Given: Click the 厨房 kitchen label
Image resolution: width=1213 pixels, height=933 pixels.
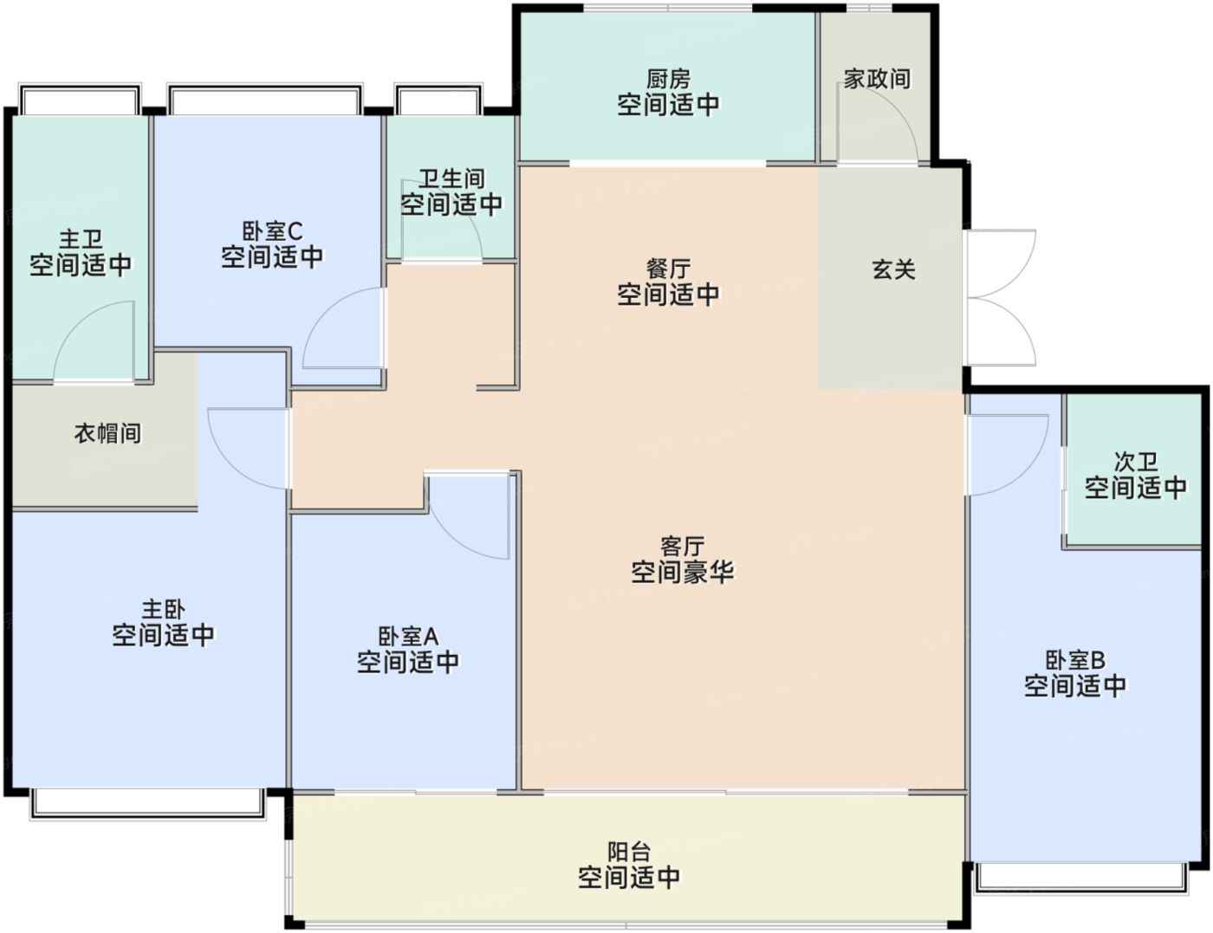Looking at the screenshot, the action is point(668,79).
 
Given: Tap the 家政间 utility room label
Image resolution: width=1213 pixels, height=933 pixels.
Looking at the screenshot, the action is point(877,79).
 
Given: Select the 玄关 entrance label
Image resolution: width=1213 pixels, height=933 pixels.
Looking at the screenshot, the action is point(893,270).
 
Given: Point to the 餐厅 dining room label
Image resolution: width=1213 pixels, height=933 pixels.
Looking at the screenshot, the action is point(668,269).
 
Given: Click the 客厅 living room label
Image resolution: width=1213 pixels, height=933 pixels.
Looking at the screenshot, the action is point(683,547).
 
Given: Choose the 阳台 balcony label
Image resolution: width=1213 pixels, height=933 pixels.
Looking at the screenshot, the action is point(629,852).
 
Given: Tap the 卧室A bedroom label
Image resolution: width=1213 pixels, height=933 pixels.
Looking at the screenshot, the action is point(408,636).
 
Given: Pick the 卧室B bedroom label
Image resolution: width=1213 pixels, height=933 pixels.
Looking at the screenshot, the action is point(1075,660).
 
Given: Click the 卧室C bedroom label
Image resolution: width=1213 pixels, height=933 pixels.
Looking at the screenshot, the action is point(272,231).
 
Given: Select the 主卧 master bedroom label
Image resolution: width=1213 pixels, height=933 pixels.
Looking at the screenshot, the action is point(163,609).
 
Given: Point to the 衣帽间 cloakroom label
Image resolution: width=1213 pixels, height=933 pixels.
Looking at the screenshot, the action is point(107,433).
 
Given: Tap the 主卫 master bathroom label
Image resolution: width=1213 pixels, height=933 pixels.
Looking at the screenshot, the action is point(81,239).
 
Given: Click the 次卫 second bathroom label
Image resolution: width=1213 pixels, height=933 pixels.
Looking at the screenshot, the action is point(1135,462).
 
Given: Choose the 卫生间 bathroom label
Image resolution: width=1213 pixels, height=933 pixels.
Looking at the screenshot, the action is point(451,179).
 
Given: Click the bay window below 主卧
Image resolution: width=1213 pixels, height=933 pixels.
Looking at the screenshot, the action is point(148,804).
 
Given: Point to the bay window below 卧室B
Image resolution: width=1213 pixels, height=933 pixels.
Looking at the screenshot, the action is point(1081,878).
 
